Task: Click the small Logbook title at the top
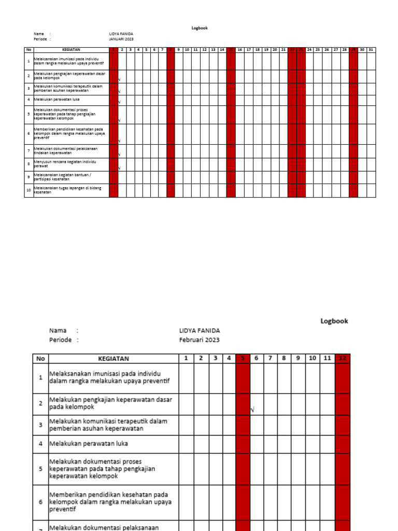click(200, 28)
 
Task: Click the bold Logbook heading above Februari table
click(334, 321)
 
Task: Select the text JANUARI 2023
click(121, 39)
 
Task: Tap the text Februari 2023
click(199, 340)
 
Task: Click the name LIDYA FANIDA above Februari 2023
click(200, 330)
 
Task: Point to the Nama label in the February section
click(58, 330)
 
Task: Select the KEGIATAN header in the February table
click(113, 358)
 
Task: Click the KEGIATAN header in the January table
click(71, 50)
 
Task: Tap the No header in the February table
click(40, 358)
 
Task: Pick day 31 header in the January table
click(371, 50)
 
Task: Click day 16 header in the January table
click(240, 50)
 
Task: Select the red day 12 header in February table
click(343, 358)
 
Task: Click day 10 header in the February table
click(312, 358)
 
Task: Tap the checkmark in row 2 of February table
click(252, 410)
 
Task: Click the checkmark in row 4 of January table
click(119, 102)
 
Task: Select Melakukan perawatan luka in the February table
click(89, 444)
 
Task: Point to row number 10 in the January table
click(29, 190)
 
